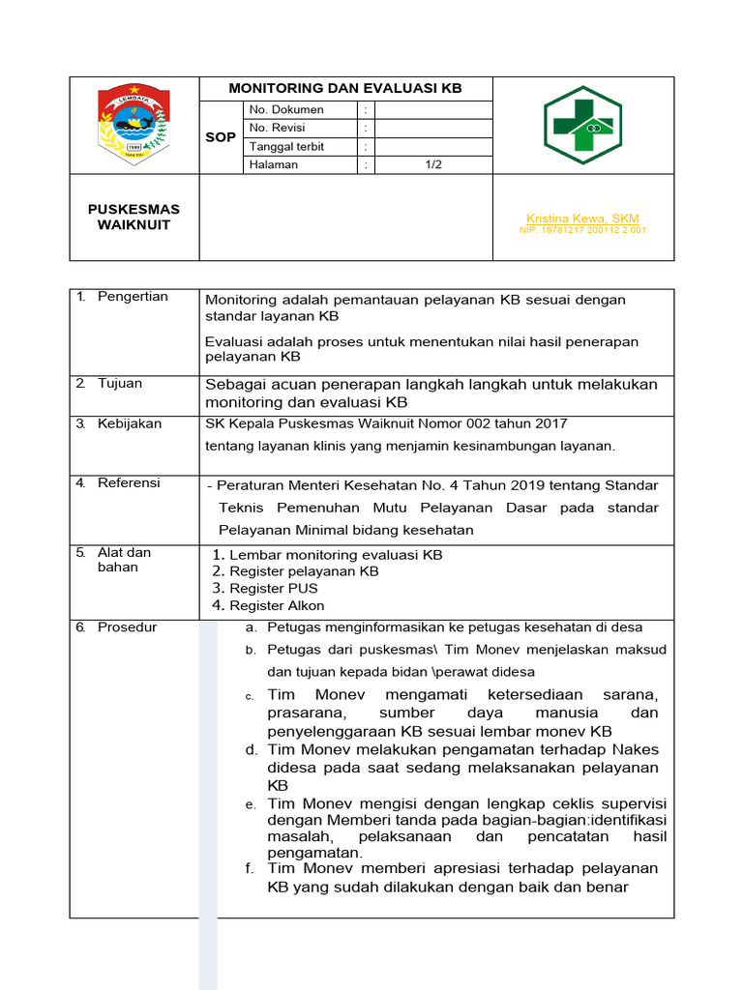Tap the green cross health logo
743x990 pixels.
pyautogui.click(x=582, y=126)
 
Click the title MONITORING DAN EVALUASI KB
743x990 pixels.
pyautogui.click(x=345, y=89)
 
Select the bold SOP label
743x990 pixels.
pyautogui.click(x=221, y=137)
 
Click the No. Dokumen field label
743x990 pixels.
pyautogui.click(x=286, y=110)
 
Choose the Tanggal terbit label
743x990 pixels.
pyautogui.click(x=287, y=147)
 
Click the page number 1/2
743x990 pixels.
pyautogui.click(x=432, y=164)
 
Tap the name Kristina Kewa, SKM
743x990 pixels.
pyautogui.click(x=582, y=218)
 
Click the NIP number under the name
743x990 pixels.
pyautogui.click(x=582, y=231)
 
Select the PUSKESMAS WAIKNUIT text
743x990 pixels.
pyautogui.click(x=134, y=218)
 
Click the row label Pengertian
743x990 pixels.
pyautogui.click(x=133, y=297)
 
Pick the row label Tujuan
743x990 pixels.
pyautogui.click(x=120, y=384)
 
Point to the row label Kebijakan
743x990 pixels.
pyautogui.click(x=130, y=424)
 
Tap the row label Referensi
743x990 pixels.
pyautogui.click(x=129, y=483)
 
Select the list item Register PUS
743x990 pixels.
pyautogui.click(x=274, y=589)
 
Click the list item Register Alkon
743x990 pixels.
pyautogui.click(x=277, y=606)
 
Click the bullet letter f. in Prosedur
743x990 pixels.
pyautogui.click(x=250, y=869)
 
